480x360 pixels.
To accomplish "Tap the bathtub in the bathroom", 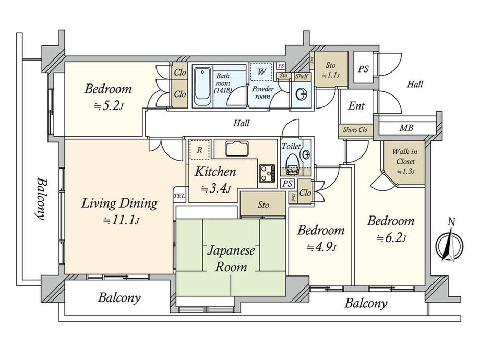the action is tap(202, 87).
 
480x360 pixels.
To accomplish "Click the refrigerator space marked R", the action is tap(199, 149).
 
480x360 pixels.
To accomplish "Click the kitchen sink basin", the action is tap(238, 148).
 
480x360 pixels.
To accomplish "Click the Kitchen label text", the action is tap(216, 172).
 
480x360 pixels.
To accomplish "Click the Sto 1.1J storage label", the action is tap(330, 70).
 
